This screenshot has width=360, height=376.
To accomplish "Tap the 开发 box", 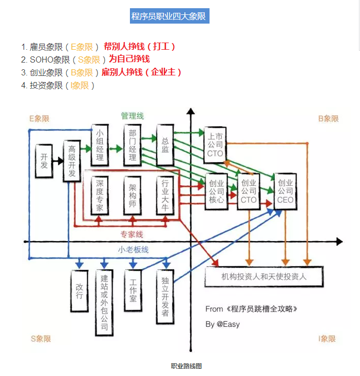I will [x=44, y=161].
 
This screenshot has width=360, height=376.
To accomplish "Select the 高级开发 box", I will [x=72, y=161].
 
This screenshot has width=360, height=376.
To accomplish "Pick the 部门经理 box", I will [x=132, y=145].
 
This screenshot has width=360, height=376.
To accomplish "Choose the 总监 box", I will [x=165, y=145].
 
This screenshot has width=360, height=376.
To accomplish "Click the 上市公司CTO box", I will [x=215, y=145].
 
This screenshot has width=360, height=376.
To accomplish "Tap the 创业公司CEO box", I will [x=285, y=191].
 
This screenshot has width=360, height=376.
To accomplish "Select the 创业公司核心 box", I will [x=217, y=191].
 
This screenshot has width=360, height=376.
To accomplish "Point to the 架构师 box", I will [x=132, y=195].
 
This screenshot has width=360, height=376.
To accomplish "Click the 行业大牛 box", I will [x=165, y=195].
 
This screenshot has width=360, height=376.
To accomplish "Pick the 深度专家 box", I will [x=100, y=195].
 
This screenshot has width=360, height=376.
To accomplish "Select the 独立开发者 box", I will [x=165, y=297].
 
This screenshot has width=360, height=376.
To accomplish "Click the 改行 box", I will [x=79, y=290].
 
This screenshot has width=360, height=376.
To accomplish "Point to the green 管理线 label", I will [x=132, y=116].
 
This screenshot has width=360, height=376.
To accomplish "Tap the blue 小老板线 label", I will [x=132, y=250].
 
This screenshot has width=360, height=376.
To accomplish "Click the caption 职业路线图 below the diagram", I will [x=186, y=366].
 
